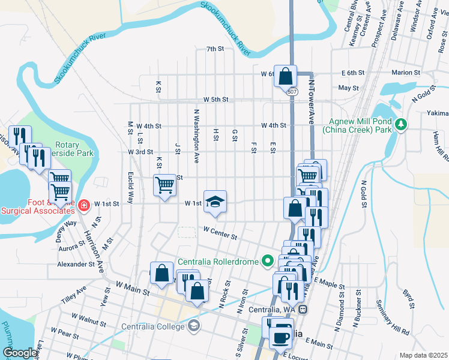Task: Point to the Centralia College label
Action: point(154,326)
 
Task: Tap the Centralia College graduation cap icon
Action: point(194,326)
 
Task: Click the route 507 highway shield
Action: point(292,92)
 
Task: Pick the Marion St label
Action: point(405,73)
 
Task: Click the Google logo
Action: point(19,353)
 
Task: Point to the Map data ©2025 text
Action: point(423,355)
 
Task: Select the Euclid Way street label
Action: point(130,187)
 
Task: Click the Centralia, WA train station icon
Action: point(303,310)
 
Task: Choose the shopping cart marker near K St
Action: point(164,185)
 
